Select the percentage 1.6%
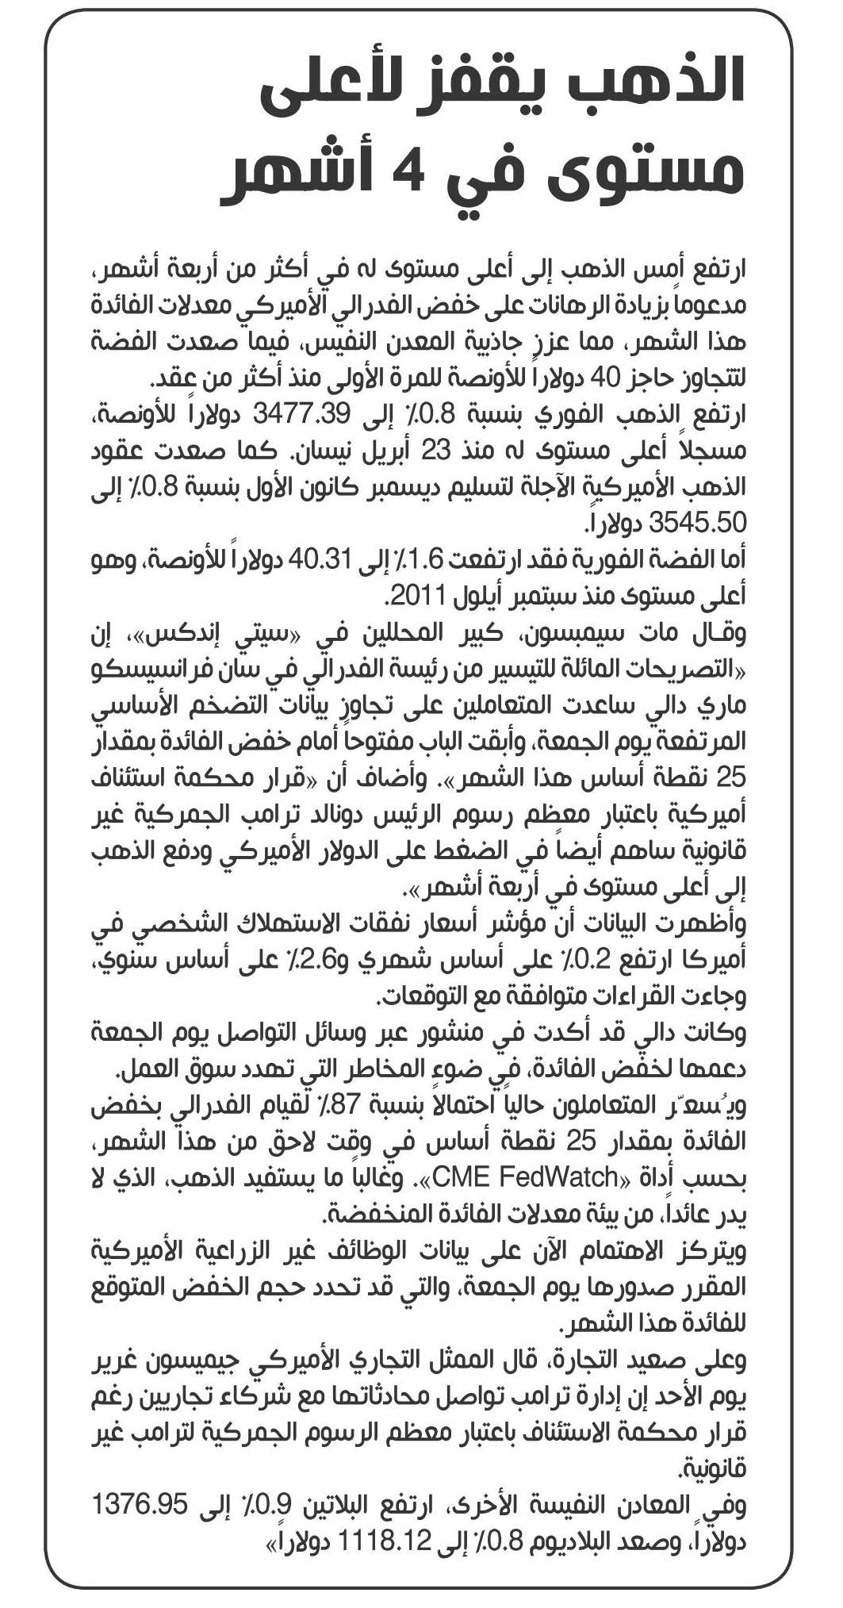pos(421,559)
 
